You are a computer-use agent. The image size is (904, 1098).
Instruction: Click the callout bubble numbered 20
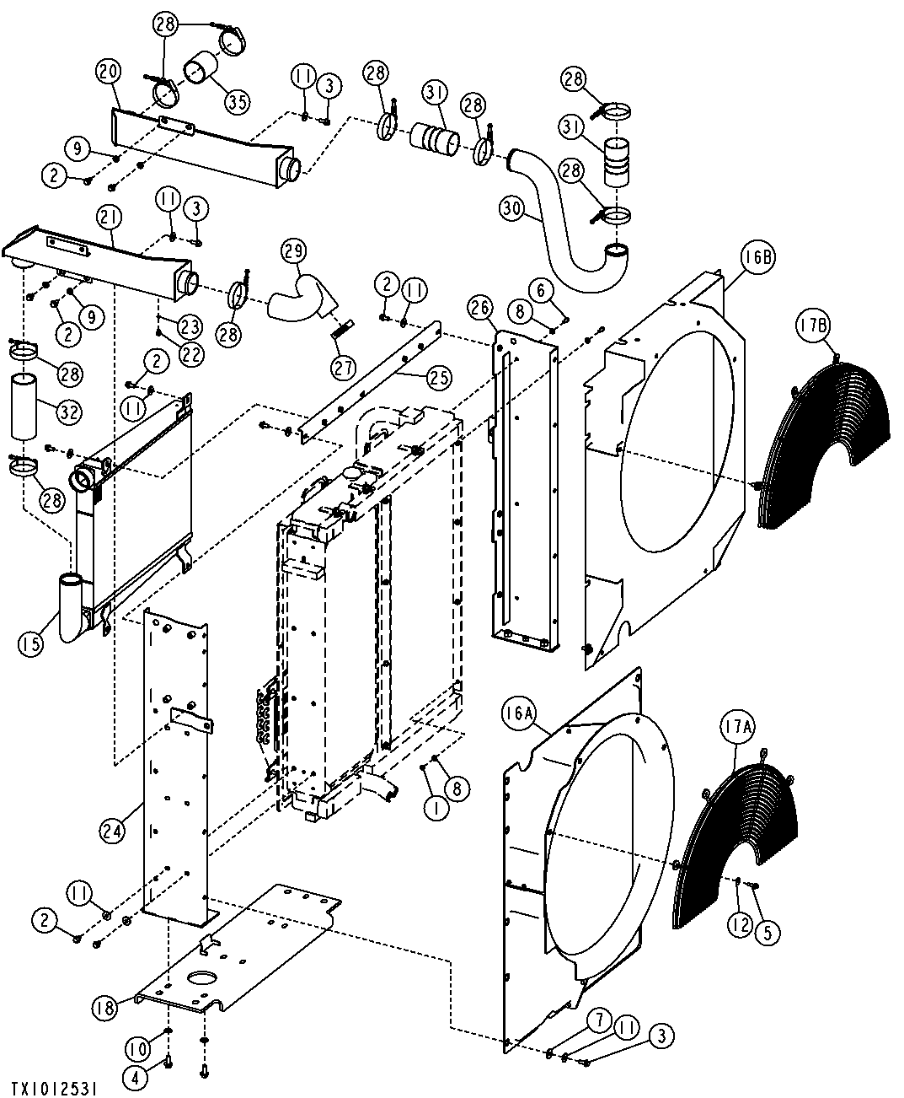[x=108, y=71]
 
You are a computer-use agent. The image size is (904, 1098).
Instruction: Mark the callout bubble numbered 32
[x=69, y=411]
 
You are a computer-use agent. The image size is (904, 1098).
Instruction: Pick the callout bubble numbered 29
[x=292, y=251]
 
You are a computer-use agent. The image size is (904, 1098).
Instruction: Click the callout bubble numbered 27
[x=343, y=366]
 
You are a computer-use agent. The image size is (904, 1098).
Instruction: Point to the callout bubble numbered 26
[x=480, y=309]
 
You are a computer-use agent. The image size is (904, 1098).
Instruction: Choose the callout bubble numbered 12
[x=739, y=925]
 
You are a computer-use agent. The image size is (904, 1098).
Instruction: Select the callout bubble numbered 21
[x=108, y=220]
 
